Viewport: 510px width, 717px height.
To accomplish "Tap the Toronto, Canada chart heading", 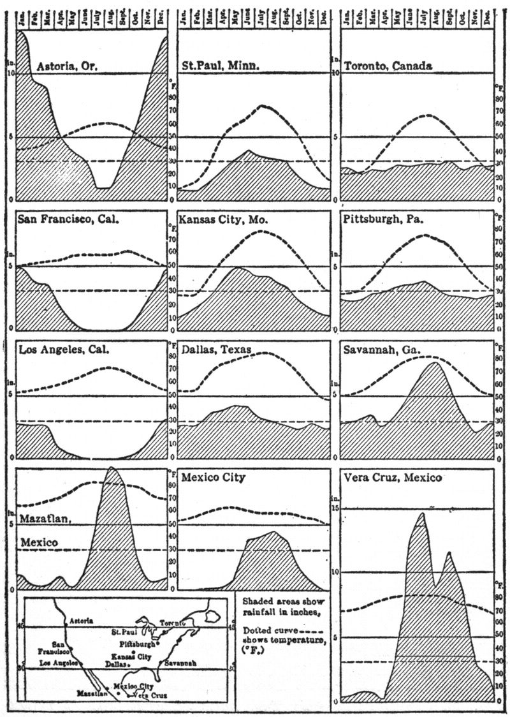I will [x=388, y=66].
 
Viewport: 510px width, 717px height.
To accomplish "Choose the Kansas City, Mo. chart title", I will [x=224, y=219].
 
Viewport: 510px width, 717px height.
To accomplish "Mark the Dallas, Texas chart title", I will [x=216, y=350].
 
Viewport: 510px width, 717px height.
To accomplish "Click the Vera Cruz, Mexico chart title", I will [x=391, y=478].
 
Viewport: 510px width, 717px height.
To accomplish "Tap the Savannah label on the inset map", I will [x=180, y=663].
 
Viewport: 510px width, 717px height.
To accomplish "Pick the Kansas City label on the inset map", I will [x=131, y=656].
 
